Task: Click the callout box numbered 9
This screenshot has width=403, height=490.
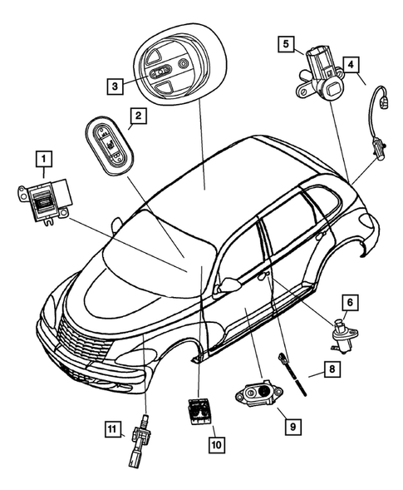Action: coord(292,425)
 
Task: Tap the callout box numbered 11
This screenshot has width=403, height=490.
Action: coord(112,430)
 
